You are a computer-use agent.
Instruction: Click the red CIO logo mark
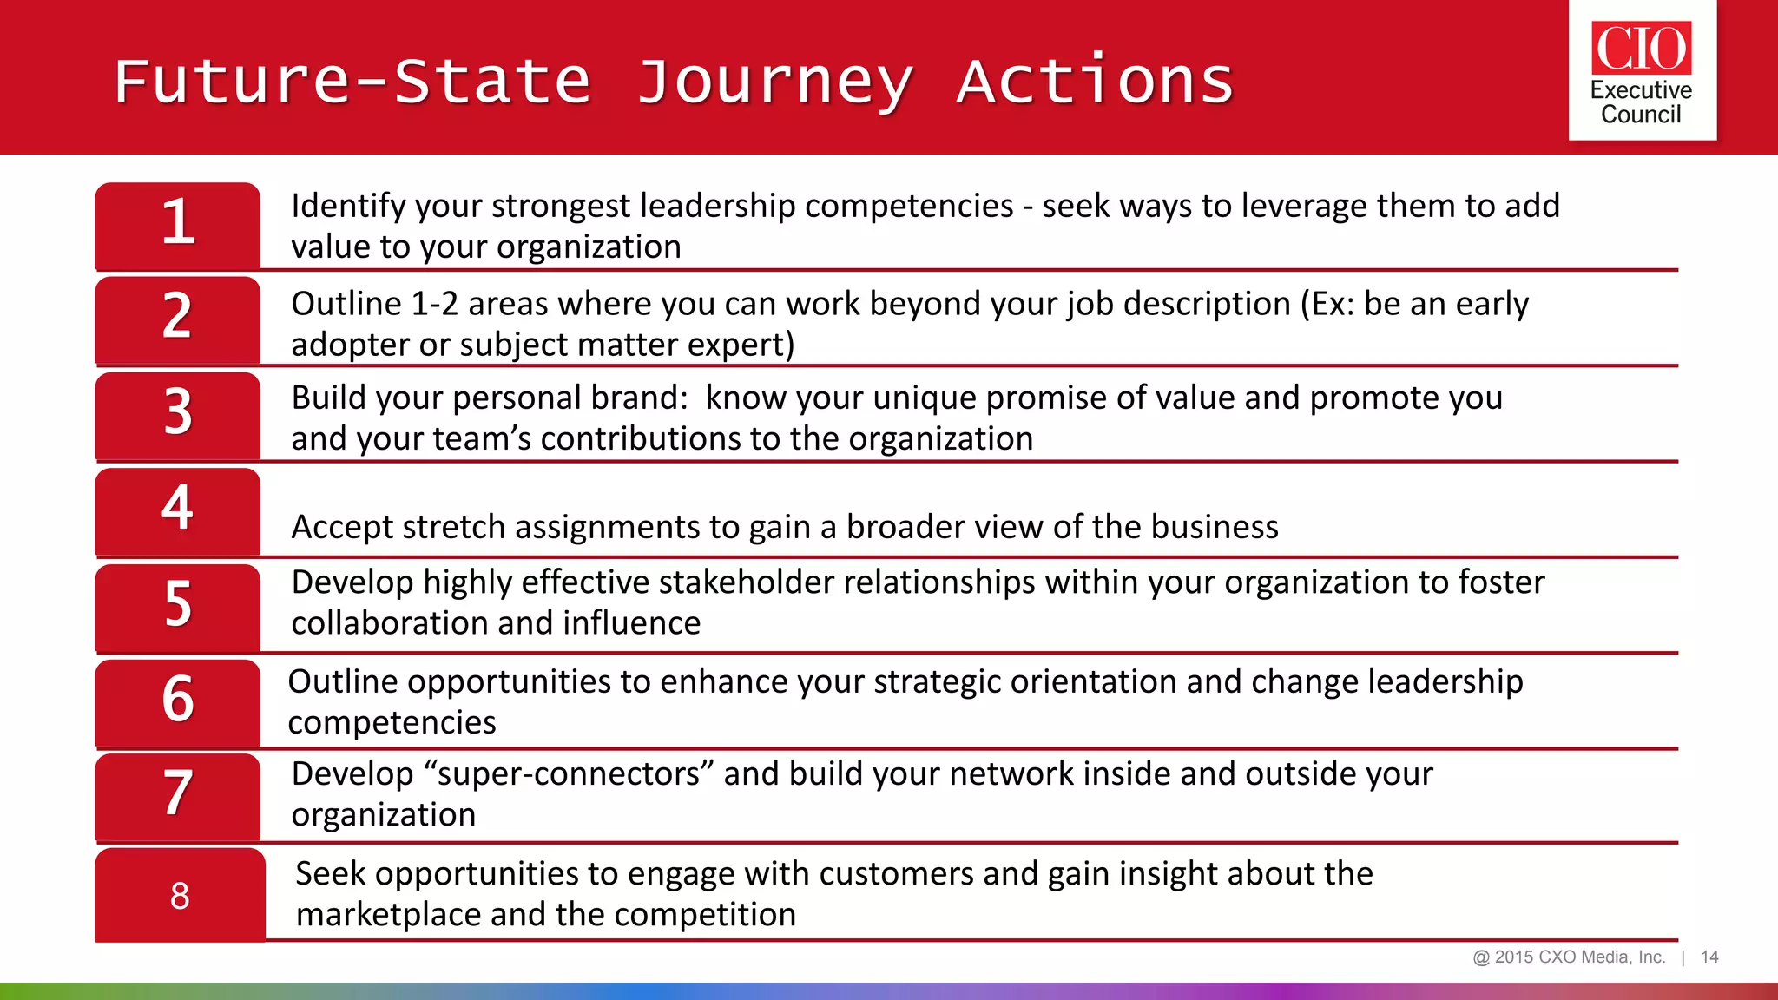click(1641, 48)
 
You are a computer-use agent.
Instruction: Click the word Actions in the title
click(1095, 81)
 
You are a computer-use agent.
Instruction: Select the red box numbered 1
click(178, 225)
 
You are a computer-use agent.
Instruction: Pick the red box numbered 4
click(178, 510)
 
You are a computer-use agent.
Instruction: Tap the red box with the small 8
click(180, 895)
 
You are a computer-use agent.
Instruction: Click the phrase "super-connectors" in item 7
click(568, 773)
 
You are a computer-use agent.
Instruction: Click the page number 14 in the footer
click(1709, 957)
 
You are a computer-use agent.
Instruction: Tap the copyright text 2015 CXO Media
click(1569, 957)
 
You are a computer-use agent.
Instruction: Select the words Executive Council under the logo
click(1641, 102)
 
